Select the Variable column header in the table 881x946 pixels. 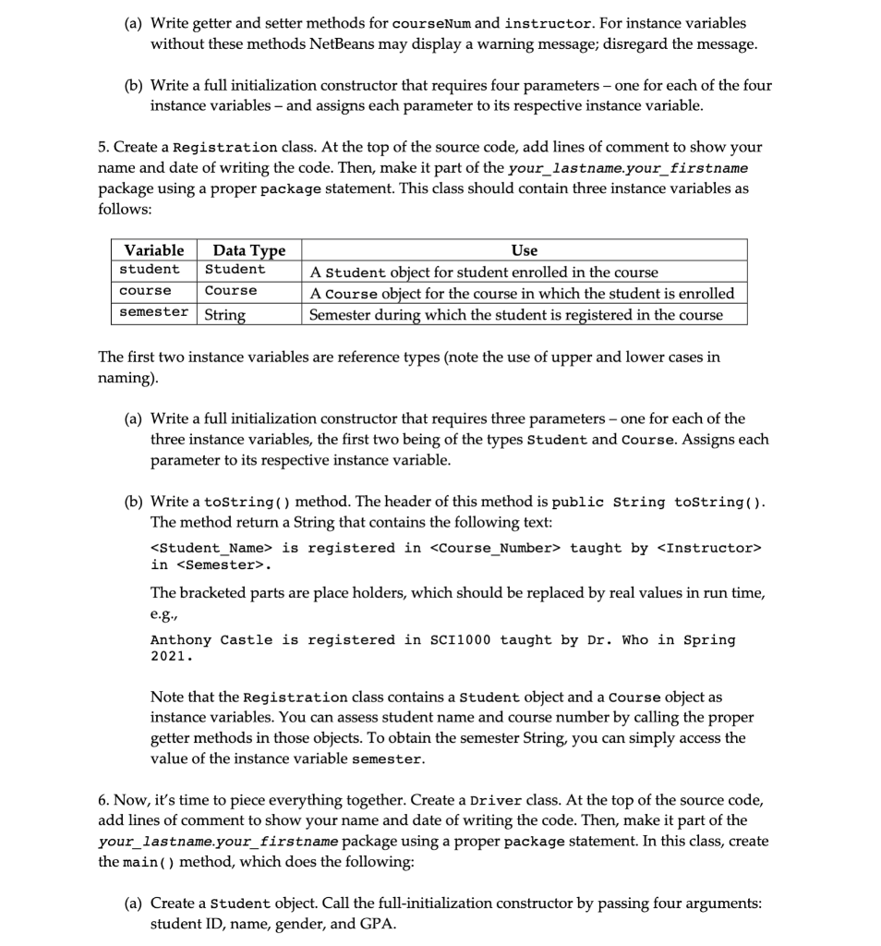pos(153,250)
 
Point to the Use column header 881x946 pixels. pos(524,250)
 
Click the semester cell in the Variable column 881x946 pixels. pos(153,312)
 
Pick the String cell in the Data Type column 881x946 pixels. pos(224,314)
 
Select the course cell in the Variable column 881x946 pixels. pos(145,291)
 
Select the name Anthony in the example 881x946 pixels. pos(181,640)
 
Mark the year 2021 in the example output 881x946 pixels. pos(169,657)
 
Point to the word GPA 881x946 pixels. pos(378,923)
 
